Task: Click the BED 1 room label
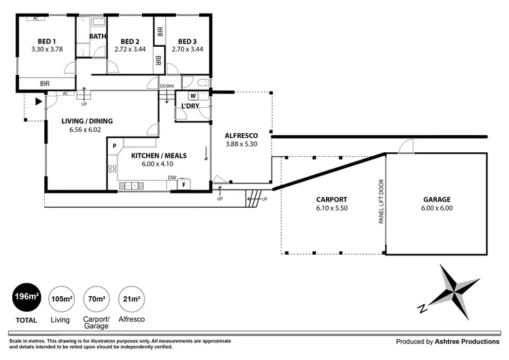[x=47, y=41]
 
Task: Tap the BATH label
[x=98, y=36]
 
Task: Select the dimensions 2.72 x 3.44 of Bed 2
[x=130, y=50]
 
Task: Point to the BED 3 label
[x=187, y=41]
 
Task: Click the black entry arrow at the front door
[x=39, y=101]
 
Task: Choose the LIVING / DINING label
[x=87, y=121]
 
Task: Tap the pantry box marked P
[x=115, y=146]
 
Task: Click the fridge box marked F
[x=184, y=185]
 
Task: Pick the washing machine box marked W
[x=193, y=96]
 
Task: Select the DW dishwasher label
[x=172, y=177]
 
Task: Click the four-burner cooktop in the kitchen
[x=112, y=168]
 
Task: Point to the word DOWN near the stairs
[x=167, y=86]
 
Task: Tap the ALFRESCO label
[x=242, y=135]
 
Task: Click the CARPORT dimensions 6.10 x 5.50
[x=332, y=208]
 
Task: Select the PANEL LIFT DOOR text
[x=381, y=202]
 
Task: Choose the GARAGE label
[x=437, y=200]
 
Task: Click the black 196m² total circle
[x=27, y=297]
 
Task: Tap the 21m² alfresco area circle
[x=132, y=299]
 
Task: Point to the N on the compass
[x=422, y=308]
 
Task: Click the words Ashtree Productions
[x=467, y=342]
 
